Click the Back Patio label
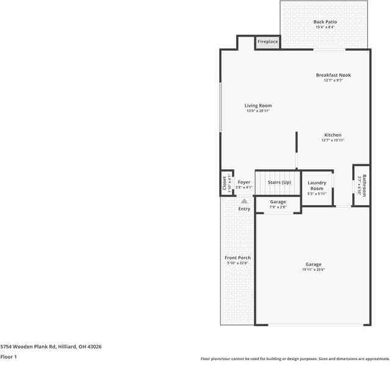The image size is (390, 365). tap(325, 22)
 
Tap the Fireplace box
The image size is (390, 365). tap(267, 42)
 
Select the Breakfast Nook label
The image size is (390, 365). tap(333, 75)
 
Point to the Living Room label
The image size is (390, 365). tap(258, 106)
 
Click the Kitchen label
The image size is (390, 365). tap(333, 135)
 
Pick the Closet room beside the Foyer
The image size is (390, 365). tap(226, 183)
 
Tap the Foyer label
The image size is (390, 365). tap(244, 182)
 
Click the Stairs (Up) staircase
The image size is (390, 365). tap(278, 182)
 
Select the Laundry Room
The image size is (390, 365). tap(317, 187)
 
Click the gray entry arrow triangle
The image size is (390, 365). tap(244, 200)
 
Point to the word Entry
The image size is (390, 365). tap(244, 209)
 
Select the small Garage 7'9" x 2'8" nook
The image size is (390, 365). tap(278, 204)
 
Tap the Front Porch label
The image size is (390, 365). tap(238, 258)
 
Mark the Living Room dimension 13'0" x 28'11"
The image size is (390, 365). tap(258, 111)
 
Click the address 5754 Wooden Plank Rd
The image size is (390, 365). tap(51, 346)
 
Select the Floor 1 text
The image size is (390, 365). tap(9, 356)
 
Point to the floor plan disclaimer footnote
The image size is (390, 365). tap(295, 359)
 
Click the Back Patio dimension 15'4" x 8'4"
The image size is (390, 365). tap(325, 27)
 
